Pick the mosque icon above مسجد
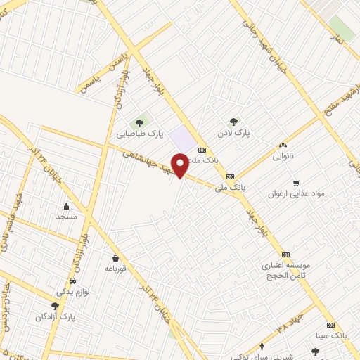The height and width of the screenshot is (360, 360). click(66, 207)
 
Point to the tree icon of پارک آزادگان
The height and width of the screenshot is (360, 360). click(55, 306)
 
